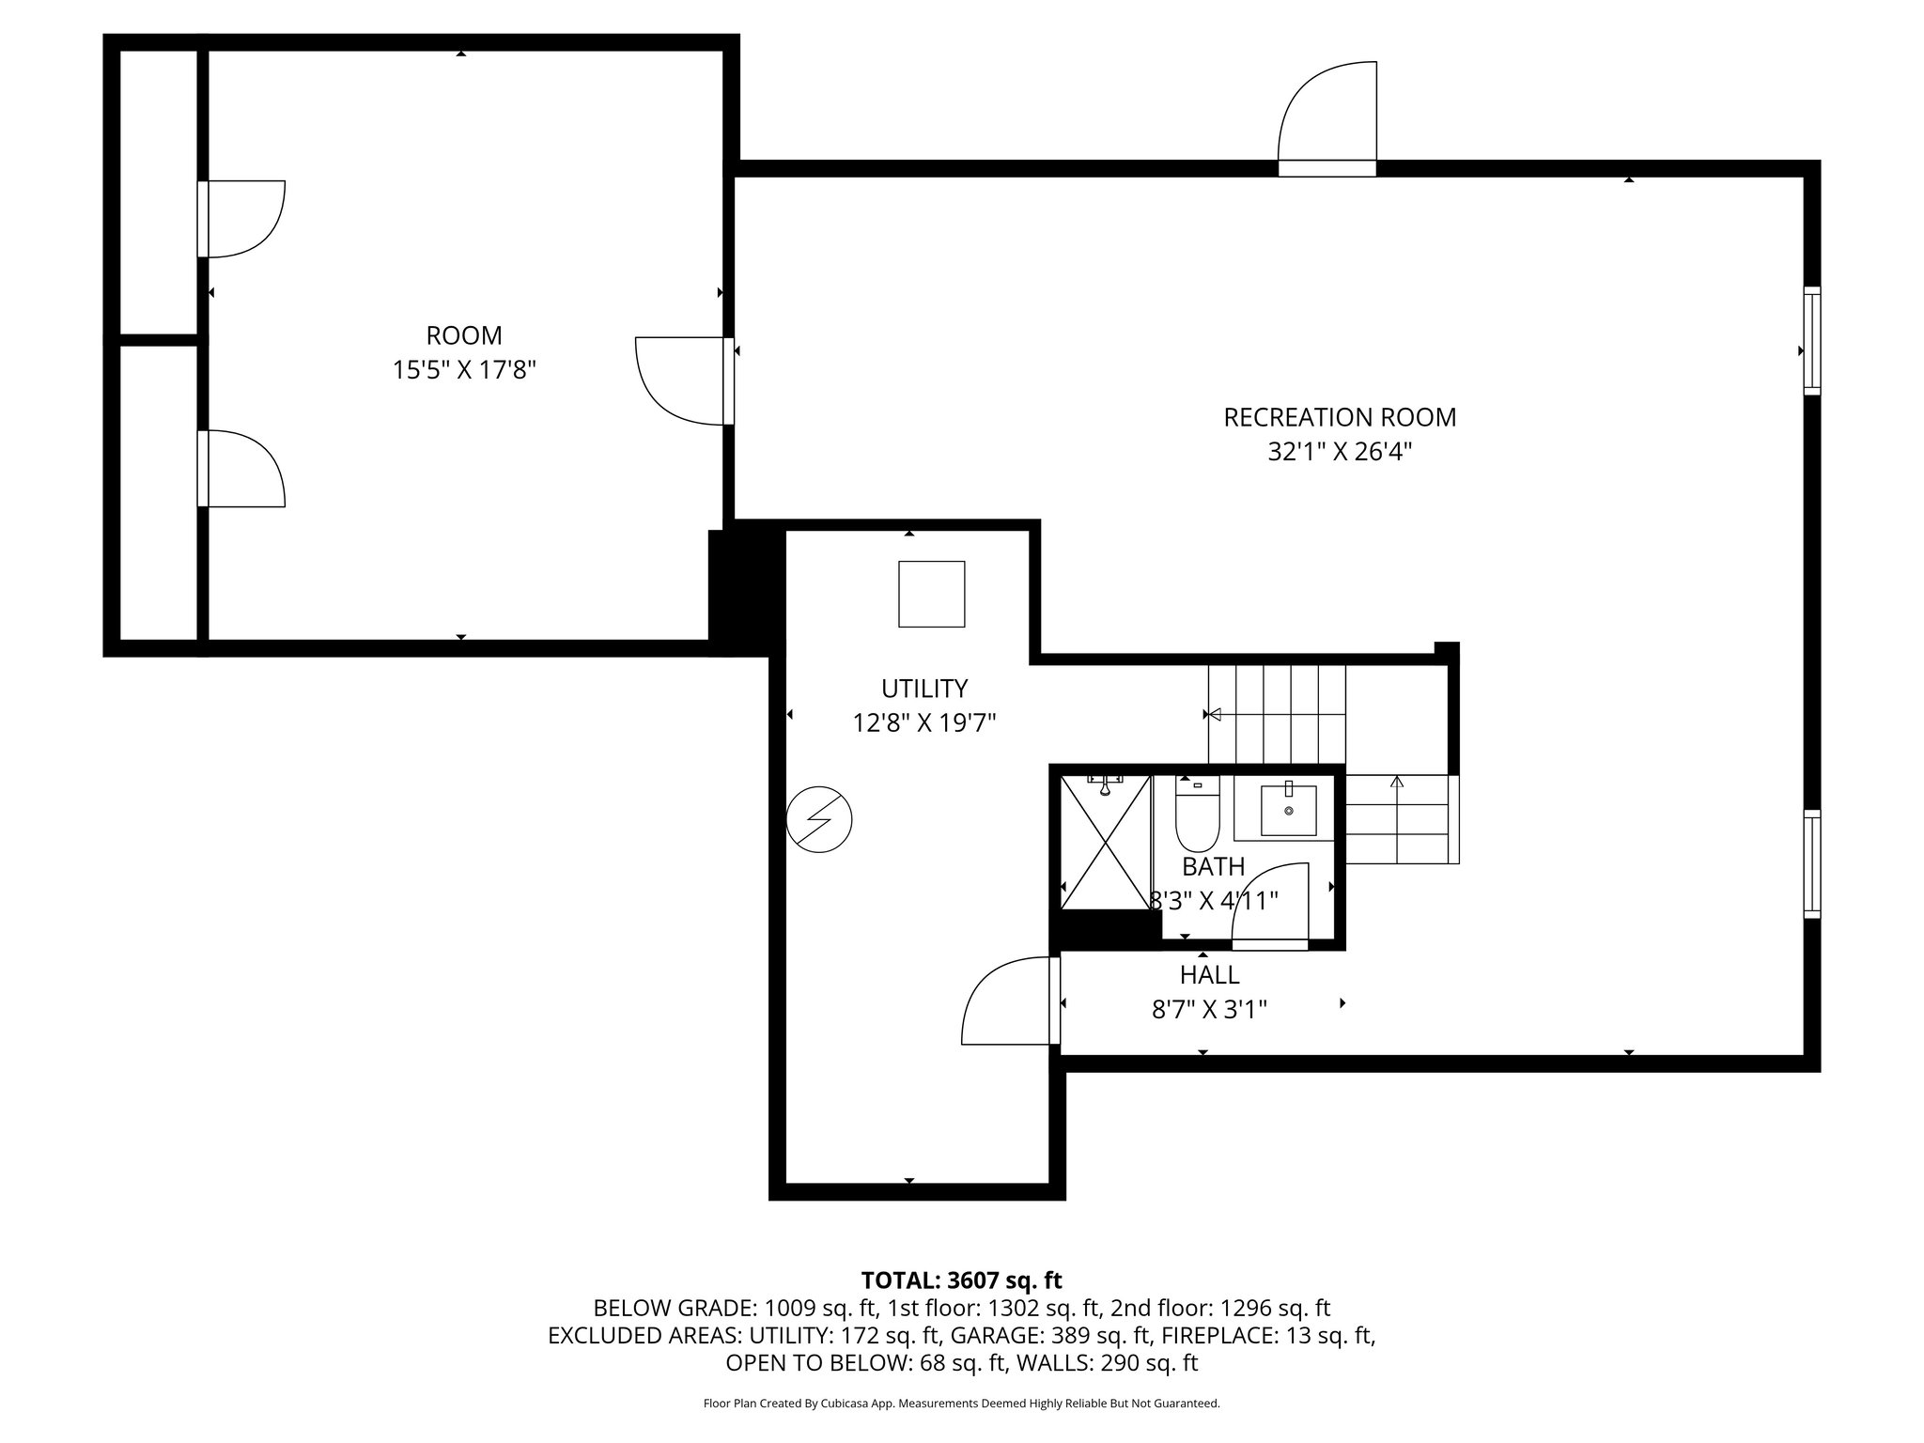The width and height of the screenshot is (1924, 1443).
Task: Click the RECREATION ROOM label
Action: coord(1340,417)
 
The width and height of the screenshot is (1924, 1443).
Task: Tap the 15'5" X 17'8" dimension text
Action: coord(464,370)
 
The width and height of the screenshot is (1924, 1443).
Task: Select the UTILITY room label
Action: coord(924,689)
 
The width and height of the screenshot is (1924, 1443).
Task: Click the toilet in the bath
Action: coord(1197,814)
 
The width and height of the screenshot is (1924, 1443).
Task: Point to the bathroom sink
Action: coord(1288,811)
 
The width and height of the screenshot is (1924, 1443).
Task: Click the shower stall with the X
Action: coord(1106,842)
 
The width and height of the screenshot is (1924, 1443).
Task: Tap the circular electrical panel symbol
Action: coord(819,819)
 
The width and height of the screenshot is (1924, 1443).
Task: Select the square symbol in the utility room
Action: coord(931,594)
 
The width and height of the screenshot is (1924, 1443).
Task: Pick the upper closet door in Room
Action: coord(242,218)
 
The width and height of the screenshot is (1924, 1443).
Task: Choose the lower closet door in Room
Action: coord(242,468)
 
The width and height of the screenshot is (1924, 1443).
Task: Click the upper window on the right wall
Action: coord(1811,340)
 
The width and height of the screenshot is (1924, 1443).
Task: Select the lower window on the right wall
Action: coord(1811,863)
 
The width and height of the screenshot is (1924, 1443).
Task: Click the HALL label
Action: coord(1209,974)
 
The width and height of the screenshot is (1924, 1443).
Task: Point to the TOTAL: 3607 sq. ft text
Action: coord(961,1280)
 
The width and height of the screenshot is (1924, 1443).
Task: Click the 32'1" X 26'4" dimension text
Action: coord(1340,453)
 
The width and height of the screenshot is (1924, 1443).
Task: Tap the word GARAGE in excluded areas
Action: coord(989,1335)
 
